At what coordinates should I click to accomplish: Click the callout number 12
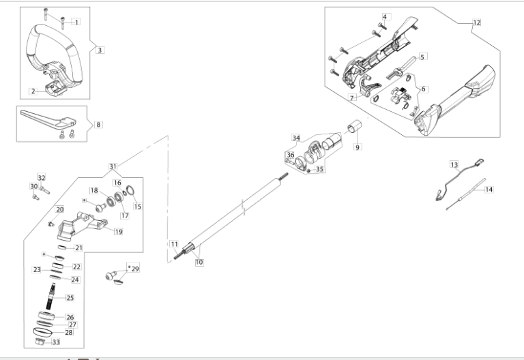pyautogui.click(x=476, y=22)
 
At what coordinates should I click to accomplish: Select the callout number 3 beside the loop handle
pyautogui.click(x=100, y=50)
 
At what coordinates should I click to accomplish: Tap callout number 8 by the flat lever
pyautogui.click(x=98, y=125)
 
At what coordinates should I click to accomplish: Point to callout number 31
pyautogui.click(x=113, y=166)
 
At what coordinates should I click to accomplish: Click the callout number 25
pyautogui.click(x=70, y=298)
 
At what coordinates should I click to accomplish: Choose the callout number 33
pyautogui.click(x=56, y=342)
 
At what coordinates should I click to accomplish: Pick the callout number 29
pyautogui.click(x=134, y=269)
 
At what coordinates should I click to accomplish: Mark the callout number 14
pyautogui.click(x=489, y=190)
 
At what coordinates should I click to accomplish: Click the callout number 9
pyautogui.click(x=357, y=146)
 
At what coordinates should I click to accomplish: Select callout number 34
pyautogui.click(x=296, y=138)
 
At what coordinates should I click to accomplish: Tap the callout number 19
pyautogui.click(x=118, y=232)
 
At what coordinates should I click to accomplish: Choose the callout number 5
pyautogui.click(x=422, y=57)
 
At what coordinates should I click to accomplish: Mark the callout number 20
pyautogui.click(x=60, y=209)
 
